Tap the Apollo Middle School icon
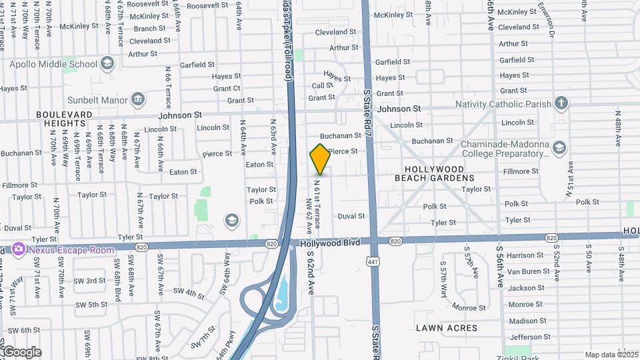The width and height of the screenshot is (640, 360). [x=107, y=64]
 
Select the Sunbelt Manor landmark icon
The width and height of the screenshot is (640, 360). [x=138, y=101]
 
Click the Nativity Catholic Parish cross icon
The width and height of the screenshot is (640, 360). [x=562, y=103]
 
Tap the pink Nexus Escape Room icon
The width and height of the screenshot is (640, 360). [x=18, y=250]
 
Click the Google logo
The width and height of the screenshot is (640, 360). [x=21, y=352]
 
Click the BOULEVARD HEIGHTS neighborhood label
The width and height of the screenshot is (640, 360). [x=65, y=119]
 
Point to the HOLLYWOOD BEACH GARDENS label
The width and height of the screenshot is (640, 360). [x=434, y=173]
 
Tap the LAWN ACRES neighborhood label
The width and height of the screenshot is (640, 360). [x=447, y=328]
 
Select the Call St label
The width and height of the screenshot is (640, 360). [x=323, y=85]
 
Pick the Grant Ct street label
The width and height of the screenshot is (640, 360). [x=227, y=88]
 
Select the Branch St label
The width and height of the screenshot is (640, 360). [x=149, y=29]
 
